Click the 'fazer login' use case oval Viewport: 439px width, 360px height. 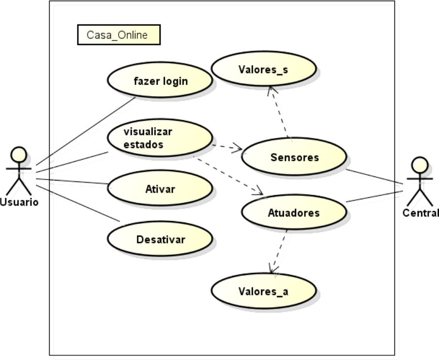pyautogui.click(x=159, y=80)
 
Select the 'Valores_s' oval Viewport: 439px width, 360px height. pyautogui.click(x=264, y=68)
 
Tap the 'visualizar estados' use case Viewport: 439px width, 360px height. pyautogui.click(x=159, y=138)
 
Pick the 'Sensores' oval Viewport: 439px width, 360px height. pyautogui.click(x=294, y=157)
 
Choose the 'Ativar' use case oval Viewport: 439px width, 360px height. pyautogui.click(x=159, y=189)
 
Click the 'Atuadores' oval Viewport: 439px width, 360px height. pyautogui.click(x=294, y=212)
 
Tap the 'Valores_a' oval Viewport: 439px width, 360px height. pyautogui.click(x=264, y=291)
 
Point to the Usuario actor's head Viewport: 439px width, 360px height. pyautogui.click(x=19, y=154)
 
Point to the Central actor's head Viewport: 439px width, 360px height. pyautogui.click(x=419, y=164)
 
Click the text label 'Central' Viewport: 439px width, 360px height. pyautogui.click(x=420, y=212)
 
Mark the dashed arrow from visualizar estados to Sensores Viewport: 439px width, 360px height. pyautogui.click(x=227, y=148)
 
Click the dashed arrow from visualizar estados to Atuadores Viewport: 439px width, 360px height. pyautogui.click(x=228, y=175)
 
